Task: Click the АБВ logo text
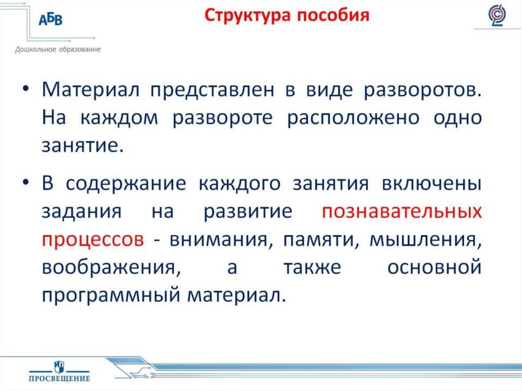pos(51,19)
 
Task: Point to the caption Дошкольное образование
pos(58,49)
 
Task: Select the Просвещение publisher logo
pos(59,371)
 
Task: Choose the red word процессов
pos(92,240)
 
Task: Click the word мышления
pos(426,240)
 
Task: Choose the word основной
pos(434,267)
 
